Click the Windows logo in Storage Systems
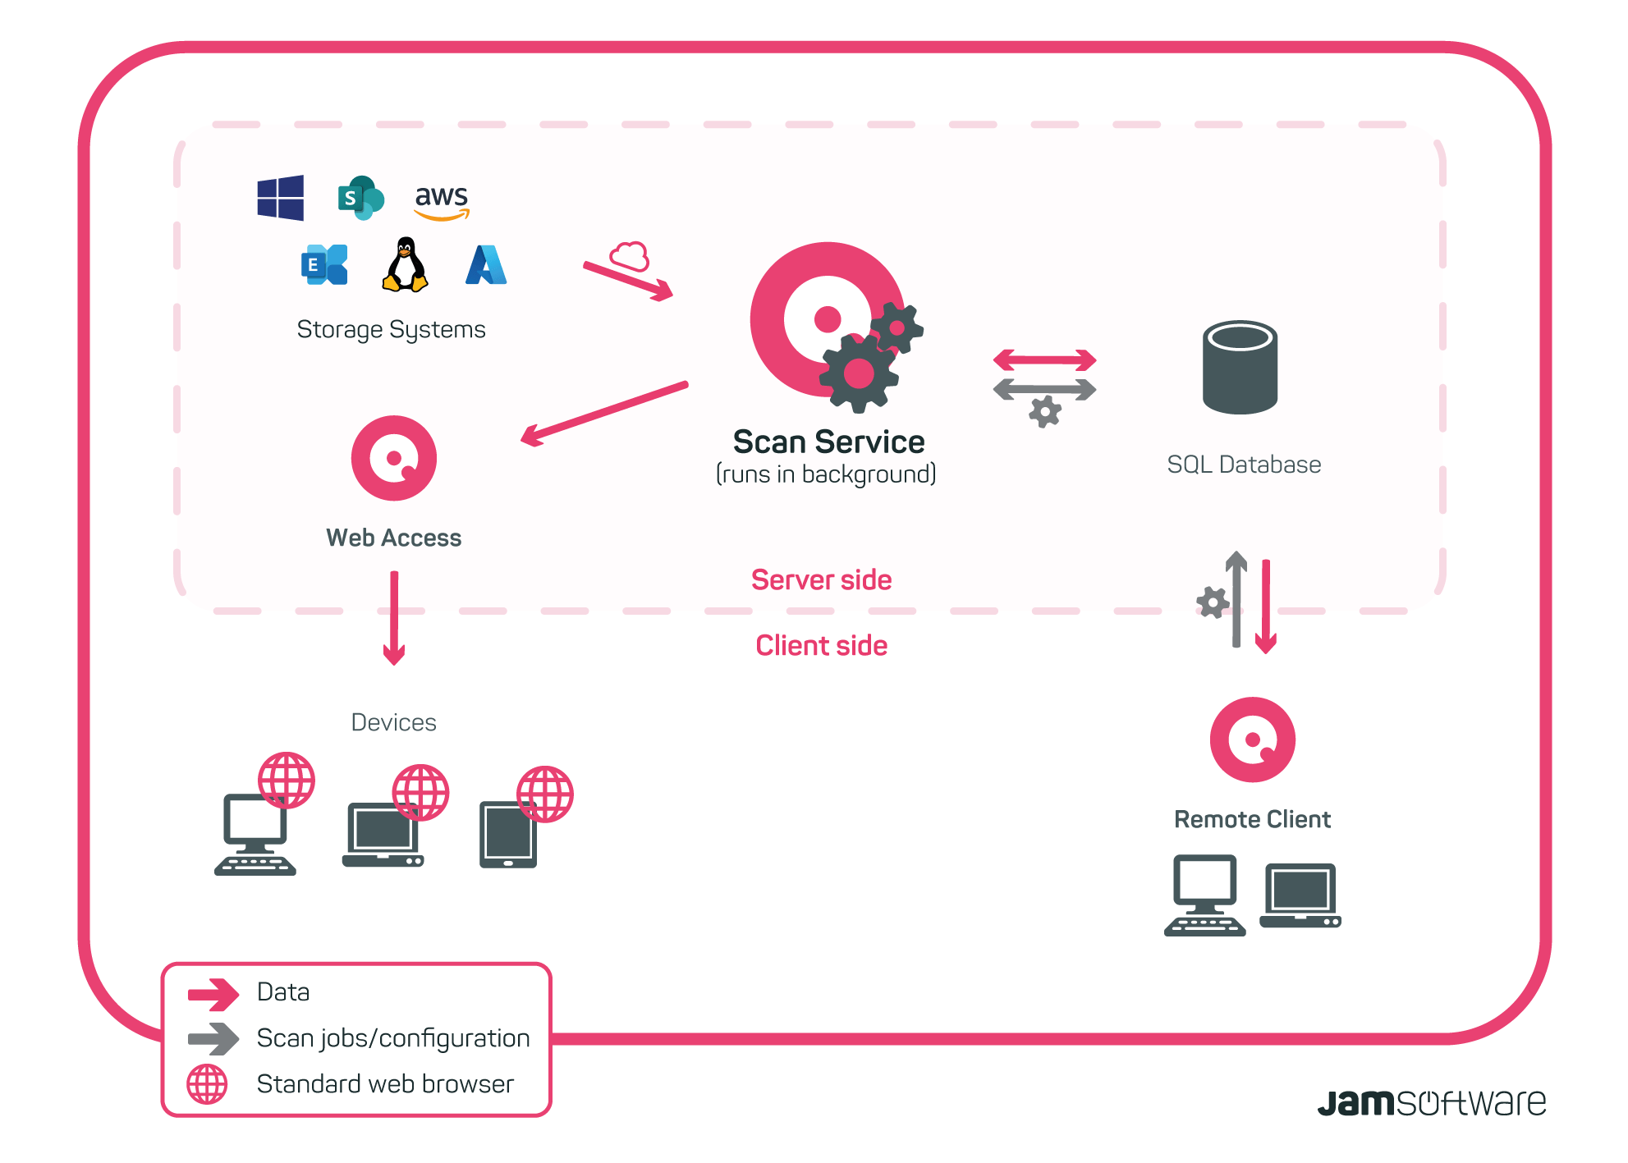(280, 198)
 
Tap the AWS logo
(442, 201)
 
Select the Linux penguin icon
(405, 265)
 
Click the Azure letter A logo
(486, 265)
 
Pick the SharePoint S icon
(360, 198)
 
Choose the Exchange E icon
(324, 265)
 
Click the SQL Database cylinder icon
(1240, 367)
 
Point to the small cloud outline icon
(630, 256)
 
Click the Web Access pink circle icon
(394, 458)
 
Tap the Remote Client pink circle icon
(1252, 739)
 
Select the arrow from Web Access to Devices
(394, 617)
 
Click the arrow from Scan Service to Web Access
(604, 413)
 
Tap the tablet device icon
(508, 835)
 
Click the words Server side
(821, 580)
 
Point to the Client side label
(821, 646)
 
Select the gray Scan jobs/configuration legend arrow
(213, 1038)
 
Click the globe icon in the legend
(207, 1084)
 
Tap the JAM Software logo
(1431, 1102)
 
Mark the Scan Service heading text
(828, 442)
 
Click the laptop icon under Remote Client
(1300, 895)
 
